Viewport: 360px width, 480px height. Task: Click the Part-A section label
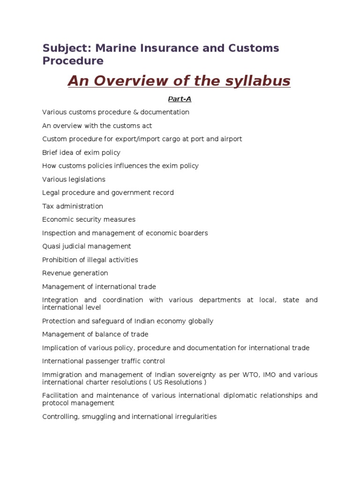point(180,99)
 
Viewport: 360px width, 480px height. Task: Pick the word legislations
point(85,180)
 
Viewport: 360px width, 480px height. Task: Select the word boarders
point(193,233)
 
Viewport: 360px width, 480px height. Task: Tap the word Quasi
point(51,247)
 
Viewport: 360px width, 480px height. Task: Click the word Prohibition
point(59,260)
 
